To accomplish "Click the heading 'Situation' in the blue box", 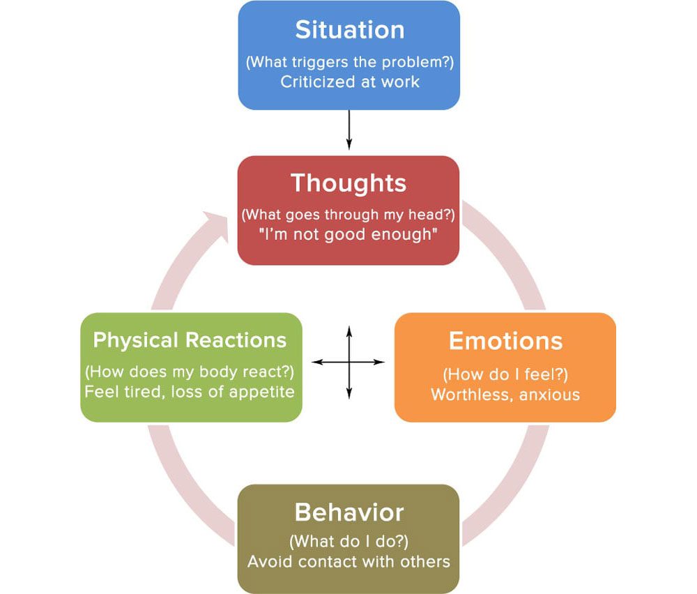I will pyautogui.click(x=349, y=30).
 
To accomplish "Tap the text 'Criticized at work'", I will pyautogui.click(x=350, y=82).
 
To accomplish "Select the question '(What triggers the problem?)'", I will pyautogui.click(x=349, y=61).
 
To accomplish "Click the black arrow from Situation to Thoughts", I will pyautogui.click(x=348, y=130).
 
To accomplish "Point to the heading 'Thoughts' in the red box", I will pyautogui.click(x=348, y=183).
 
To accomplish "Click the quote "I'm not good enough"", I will pyautogui.click(x=348, y=234).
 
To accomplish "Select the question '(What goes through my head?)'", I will pyautogui.click(x=348, y=214).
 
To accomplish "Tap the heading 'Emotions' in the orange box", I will pyautogui.click(x=505, y=340).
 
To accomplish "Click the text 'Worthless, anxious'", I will pyautogui.click(x=505, y=395).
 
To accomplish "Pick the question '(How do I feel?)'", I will pyautogui.click(x=505, y=375).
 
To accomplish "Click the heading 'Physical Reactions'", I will pyautogui.click(x=190, y=340).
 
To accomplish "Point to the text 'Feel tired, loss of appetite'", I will pyautogui.click(x=190, y=391).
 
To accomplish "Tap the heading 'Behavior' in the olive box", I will pyautogui.click(x=349, y=512).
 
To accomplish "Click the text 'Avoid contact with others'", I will pyautogui.click(x=348, y=561).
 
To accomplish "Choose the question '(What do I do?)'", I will pyautogui.click(x=348, y=541).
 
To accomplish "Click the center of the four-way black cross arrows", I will pyautogui.click(x=348, y=363).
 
